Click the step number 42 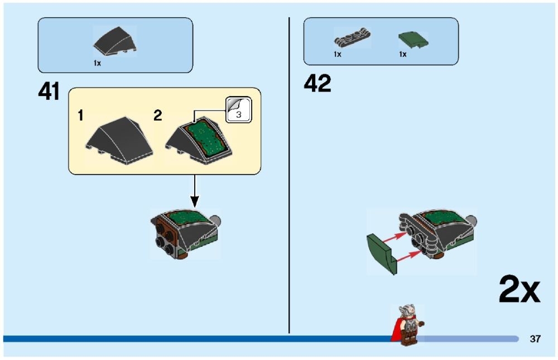[318, 84]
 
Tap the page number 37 [535, 339]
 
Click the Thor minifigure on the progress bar [408, 324]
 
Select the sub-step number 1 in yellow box [81, 116]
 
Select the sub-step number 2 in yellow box [158, 116]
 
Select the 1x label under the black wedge [97, 63]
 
